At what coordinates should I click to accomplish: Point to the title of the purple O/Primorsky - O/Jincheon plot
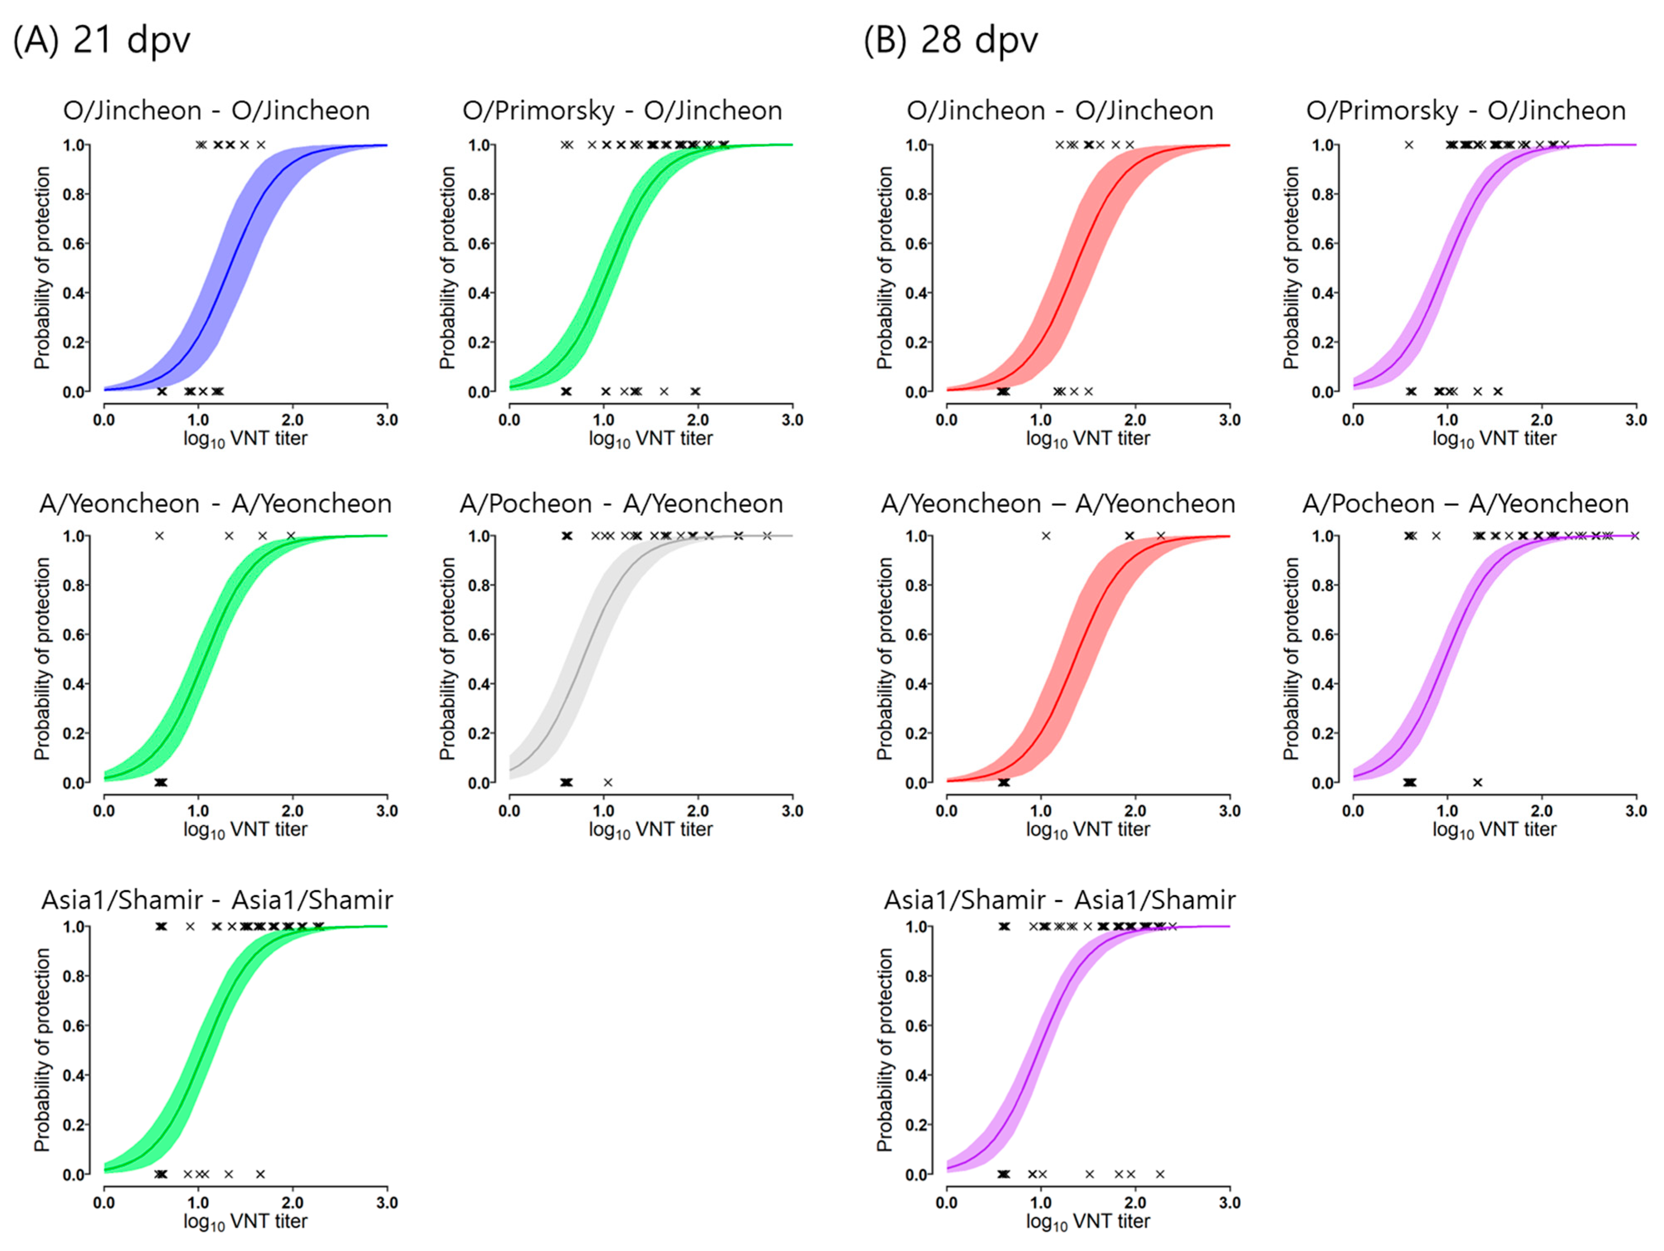click(x=1465, y=111)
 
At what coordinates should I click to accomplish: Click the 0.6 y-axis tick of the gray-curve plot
click(x=478, y=634)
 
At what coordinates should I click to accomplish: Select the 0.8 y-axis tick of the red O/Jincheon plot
click(x=915, y=194)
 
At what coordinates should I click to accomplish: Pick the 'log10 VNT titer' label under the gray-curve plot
click(x=650, y=830)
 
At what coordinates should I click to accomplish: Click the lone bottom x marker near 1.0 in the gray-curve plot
click(x=608, y=782)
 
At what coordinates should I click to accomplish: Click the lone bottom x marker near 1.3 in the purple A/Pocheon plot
click(x=1477, y=782)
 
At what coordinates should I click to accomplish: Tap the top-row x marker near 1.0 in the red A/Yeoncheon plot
click(x=1046, y=536)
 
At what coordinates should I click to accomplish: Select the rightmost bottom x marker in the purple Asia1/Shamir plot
click(x=1159, y=1174)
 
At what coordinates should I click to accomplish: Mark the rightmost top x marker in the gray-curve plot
click(x=766, y=536)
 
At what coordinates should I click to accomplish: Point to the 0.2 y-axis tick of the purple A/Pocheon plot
click(x=1322, y=733)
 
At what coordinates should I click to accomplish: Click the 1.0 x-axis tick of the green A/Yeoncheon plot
click(x=198, y=811)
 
